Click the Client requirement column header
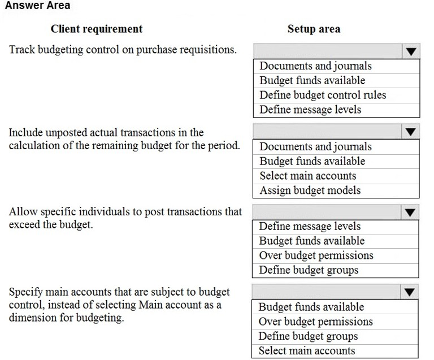pyautogui.click(x=97, y=29)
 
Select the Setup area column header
pyautogui.click(x=314, y=29)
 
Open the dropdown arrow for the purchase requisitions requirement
pyautogui.click(x=411, y=51)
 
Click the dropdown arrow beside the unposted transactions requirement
pyautogui.click(x=411, y=132)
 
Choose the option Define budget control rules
pyautogui.click(x=323, y=95)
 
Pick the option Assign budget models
pyautogui.click(x=310, y=190)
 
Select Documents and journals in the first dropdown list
pyautogui.click(x=315, y=66)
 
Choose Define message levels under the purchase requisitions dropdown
pyautogui.click(x=310, y=110)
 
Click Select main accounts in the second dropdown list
pyautogui.click(x=308, y=176)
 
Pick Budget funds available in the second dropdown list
pyautogui.click(x=312, y=161)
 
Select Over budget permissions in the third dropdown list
pyautogui.click(x=316, y=255)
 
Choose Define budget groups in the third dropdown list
pyautogui.click(x=309, y=270)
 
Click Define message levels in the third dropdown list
pyautogui.click(x=310, y=227)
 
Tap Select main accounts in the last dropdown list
pyautogui.click(x=307, y=351)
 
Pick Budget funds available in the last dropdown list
pyautogui.click(x=311, y=307)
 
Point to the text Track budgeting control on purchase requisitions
pyautogui.click(x=123, y=50)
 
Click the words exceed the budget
pyautogui.click(x=51, y=225)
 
